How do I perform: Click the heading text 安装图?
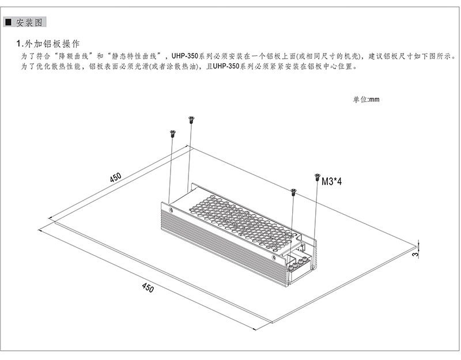click(29, 22)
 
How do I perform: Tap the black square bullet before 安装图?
click(9, 22)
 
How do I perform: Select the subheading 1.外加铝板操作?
click(48, 44)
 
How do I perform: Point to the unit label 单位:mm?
click(366, 99)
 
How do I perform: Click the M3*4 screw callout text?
click(332, 181)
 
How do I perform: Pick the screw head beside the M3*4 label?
click(316, 177)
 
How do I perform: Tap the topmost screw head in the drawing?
click(191, 119)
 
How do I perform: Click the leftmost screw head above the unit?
click(172, 134)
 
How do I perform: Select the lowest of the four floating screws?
click(293, 192)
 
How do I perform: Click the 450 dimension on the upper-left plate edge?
click(115, 177)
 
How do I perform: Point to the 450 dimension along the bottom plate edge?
click(148, 287)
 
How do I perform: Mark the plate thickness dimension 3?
click(414, 254)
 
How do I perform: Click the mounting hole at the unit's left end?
click(171, 210)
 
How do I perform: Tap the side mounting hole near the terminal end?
click(274, 257)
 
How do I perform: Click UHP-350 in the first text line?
click(185, 56)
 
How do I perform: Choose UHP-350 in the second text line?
click(226, 66)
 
